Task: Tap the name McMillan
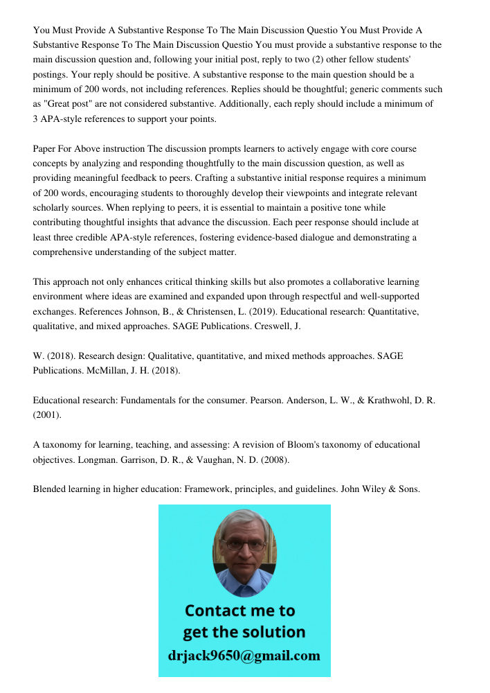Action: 109,370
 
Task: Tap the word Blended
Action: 51,489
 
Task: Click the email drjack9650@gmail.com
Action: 244,655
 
